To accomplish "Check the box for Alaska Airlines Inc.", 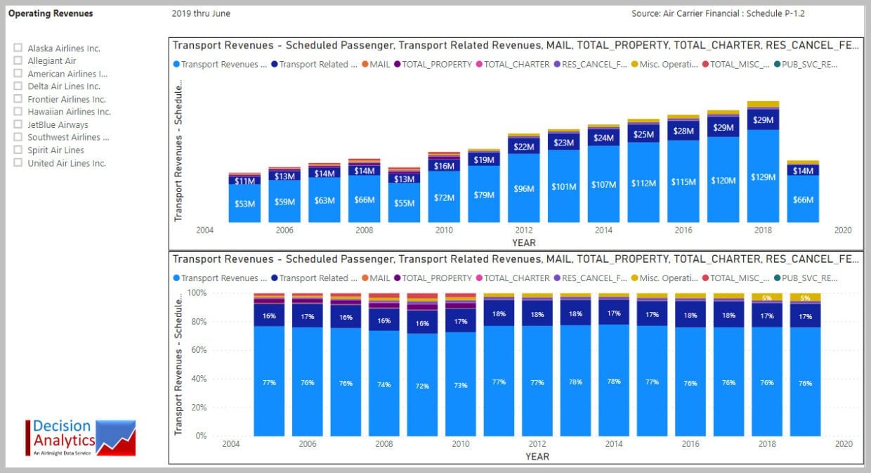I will pos(18,48).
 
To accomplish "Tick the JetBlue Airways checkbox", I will pos(18,124).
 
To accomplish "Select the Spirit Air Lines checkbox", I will pos(18,150).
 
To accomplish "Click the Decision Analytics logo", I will pos(80,437).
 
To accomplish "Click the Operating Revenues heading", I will pos(51,13).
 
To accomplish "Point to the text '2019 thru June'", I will pos(201,13).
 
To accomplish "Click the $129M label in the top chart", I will pos(763,177).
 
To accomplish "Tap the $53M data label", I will pos(244,204).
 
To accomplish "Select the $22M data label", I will pos(523,147).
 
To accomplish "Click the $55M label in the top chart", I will pos(404,202).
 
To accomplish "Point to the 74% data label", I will pos(384,384).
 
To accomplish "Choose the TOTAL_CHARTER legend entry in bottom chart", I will pos(512,278).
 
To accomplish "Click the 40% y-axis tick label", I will pos(198,378).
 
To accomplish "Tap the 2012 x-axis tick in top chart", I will pos(523,230).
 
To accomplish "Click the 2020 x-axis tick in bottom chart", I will pos(843,444).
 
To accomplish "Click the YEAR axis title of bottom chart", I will pos(537,456).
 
